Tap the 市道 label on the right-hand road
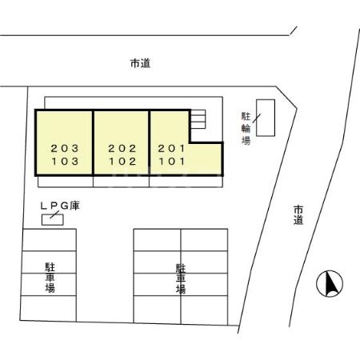298,214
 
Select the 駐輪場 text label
246,128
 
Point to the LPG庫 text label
60,206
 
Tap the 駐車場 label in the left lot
49,276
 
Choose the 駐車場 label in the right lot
181,277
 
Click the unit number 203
64,148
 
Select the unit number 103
64,160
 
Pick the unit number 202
122,148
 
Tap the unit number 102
122,160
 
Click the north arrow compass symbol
330,283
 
